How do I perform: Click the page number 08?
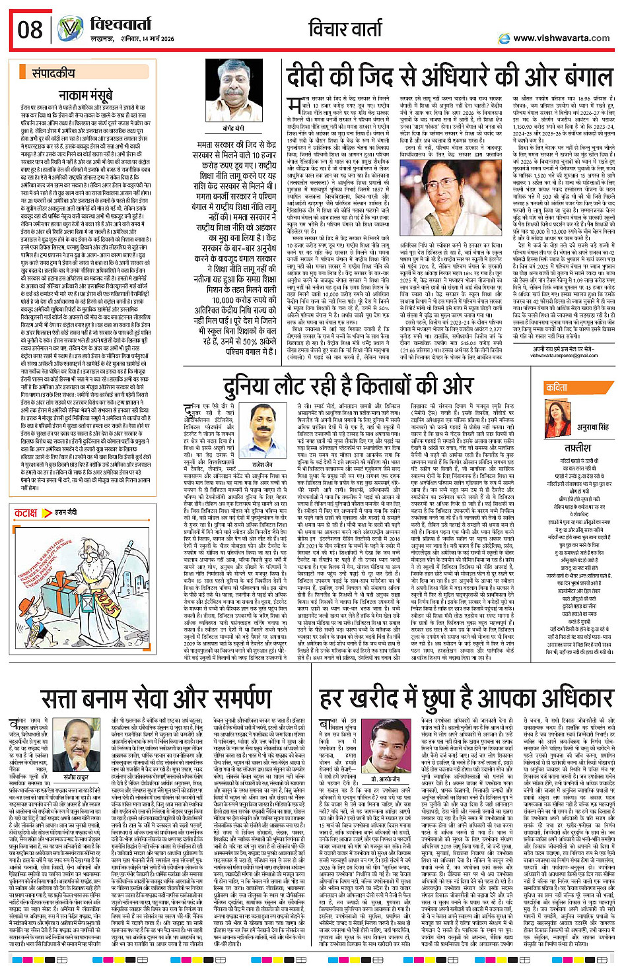pos(30,29)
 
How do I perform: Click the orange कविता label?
pos(557,388)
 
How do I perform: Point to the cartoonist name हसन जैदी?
pos(67,513)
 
